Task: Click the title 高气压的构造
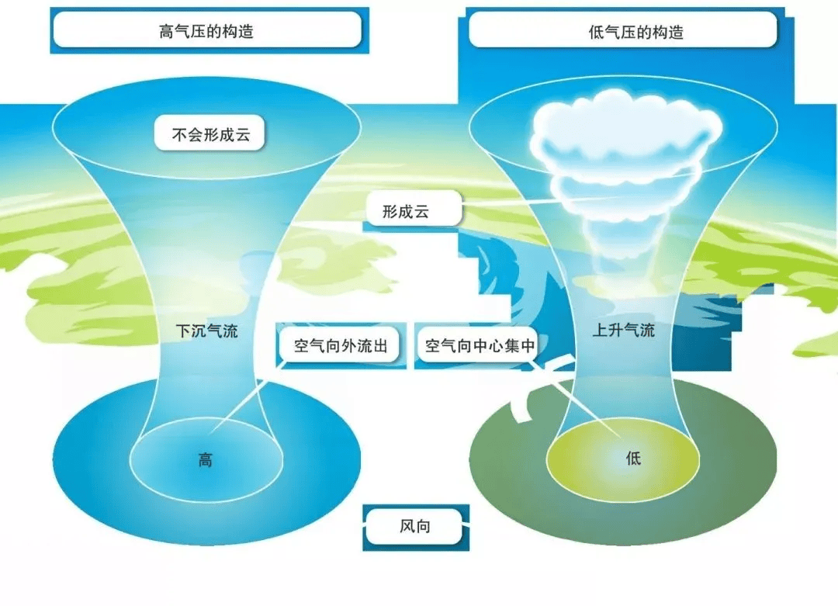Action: [206, 32]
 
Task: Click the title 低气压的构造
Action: [636, 32]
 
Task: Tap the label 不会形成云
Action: [210, 133]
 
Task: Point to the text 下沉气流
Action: [207, 331]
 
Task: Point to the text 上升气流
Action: [624, 330]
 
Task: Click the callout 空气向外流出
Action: [341, 346]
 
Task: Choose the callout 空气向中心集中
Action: [480, 346]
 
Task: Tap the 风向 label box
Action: [414, 526]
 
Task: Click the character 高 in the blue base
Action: [206, 459]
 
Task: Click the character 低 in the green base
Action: [633, 458]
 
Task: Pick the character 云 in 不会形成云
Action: [243, 134]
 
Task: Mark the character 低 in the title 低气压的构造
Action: [597, 32]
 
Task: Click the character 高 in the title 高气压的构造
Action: [167, 32]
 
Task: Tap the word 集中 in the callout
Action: [520, 346]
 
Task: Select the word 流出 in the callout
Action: [372, 346]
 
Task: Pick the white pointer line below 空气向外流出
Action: [247, 397]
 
